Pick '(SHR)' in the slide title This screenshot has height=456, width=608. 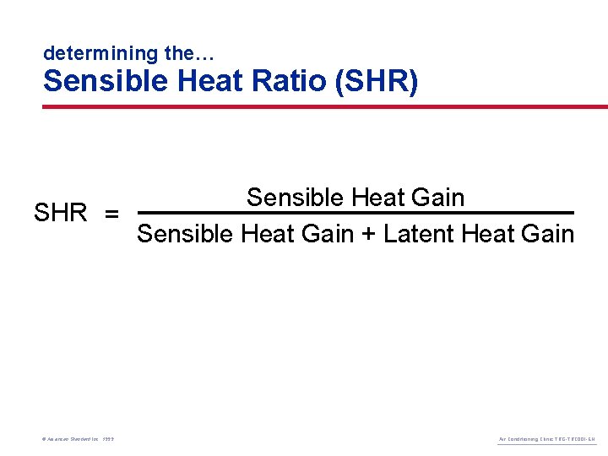376,82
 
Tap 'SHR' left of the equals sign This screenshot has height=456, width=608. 60,213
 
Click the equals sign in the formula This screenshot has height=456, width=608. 111,213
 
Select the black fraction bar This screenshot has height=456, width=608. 355,213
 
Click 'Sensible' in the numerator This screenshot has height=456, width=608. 295,198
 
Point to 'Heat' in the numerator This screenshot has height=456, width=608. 377,198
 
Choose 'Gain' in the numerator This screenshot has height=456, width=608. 438,198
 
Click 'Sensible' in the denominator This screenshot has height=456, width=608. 185,233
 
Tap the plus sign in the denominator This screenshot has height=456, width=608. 368,234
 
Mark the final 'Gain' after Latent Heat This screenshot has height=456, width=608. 547,233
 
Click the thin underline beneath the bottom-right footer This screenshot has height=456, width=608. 546,445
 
